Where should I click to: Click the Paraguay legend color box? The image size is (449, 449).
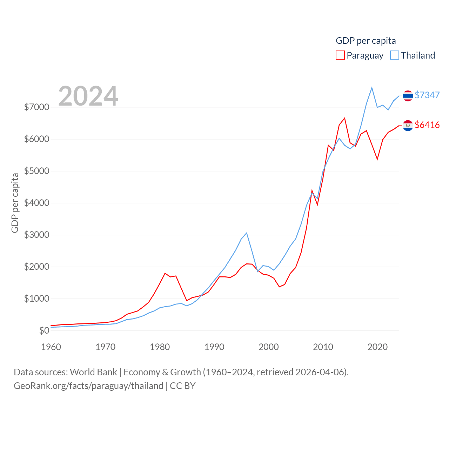340,55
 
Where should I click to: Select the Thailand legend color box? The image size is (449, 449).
395,55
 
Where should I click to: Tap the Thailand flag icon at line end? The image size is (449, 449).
408,95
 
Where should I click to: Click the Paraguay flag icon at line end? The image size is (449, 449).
408,125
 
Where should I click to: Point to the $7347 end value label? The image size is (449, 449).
427,95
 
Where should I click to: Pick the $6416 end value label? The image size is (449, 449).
427,125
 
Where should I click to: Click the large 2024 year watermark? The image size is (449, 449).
88,96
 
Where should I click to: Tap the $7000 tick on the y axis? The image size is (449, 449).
36,107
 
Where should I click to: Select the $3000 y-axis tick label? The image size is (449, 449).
36,235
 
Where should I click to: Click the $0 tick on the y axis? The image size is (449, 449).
44,330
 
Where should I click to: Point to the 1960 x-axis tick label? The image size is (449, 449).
51,347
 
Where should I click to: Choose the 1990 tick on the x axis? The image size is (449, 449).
214,347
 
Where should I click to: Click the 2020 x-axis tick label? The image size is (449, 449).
377,347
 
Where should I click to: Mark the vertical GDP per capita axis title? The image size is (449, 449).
15,203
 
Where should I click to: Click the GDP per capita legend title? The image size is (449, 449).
366,41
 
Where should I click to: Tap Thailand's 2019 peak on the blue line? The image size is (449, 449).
372,88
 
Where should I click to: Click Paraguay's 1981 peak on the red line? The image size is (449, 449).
165,273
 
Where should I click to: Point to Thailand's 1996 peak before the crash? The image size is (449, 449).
247,233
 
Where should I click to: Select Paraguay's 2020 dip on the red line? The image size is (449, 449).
377,159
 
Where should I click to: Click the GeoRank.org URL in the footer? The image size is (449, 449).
88,386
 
